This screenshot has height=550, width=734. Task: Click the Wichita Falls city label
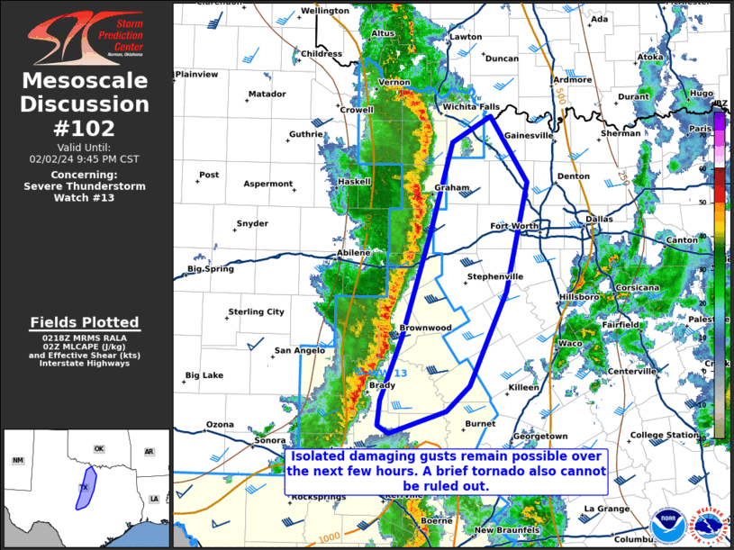click(470, 107)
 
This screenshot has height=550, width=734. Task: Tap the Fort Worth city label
click(513, 226)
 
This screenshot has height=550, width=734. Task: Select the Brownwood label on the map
click(425, 329)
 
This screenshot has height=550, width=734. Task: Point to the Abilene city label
click(354, 254)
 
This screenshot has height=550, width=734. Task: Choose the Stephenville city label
click(494, 276)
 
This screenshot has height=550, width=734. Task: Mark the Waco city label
click(570, 344)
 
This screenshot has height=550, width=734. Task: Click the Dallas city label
click(598, 219)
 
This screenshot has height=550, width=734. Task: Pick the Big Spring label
click(211, 269)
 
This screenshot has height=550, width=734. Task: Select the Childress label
click(322, 54)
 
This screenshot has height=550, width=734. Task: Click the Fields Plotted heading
click(85, 322)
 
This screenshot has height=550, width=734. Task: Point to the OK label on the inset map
click(99, 448)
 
